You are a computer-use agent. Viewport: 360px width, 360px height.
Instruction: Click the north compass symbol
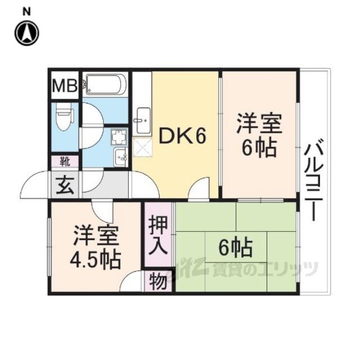(x=27, y=33)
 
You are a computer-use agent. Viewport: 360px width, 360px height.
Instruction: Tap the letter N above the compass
(x=26, y=12)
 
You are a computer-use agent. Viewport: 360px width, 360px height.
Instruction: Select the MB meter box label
(x=65, y=85)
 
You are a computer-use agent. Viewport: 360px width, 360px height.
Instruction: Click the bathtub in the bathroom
(x=105, y=84)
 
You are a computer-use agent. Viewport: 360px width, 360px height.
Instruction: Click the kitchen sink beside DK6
(x=143, y=121)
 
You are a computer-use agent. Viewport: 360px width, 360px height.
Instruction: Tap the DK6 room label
(x=182, y=136)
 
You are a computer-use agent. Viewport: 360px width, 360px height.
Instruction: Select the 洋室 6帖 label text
(x=259, y=135)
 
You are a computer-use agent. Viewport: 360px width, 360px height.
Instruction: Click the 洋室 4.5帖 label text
(x=95, y=249)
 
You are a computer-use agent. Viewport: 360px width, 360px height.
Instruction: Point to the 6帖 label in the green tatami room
(x=235, y=248)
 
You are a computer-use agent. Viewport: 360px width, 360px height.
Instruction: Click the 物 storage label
(x=158, y=282)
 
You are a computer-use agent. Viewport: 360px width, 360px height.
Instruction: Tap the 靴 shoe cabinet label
(x=65, y=161)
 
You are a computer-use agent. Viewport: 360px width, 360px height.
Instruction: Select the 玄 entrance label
(x=65, y=185)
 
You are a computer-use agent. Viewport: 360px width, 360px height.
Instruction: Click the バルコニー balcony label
(x=312, y=179)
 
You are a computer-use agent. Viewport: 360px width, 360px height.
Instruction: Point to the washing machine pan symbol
(x=119, y=137)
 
